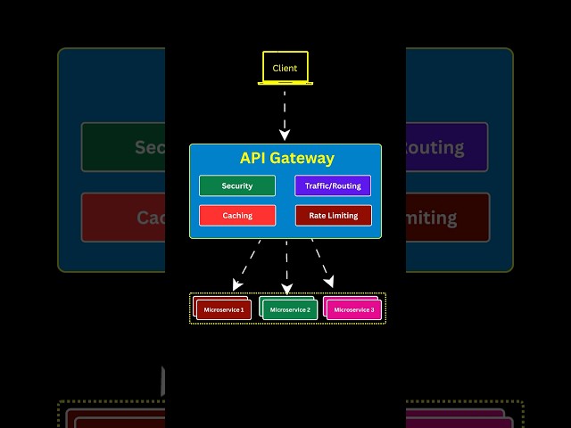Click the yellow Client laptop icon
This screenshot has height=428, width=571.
pos(285,69)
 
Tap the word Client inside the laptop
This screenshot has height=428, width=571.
pos(285,69)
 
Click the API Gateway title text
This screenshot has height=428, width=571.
pos(286,159)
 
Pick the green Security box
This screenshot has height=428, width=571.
pos(237,186)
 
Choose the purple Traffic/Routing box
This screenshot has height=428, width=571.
pos(333,186)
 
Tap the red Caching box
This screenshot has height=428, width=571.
pos(237,216)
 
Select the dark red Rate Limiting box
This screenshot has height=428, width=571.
pos(333,216)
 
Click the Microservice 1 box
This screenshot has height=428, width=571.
pos(224,309)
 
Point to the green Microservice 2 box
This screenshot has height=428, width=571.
pos(290,309)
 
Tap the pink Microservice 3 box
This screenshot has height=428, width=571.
pos(354,309)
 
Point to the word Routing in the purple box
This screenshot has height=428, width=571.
pos(344,186)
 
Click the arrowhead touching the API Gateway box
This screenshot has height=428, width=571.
pos(285,136)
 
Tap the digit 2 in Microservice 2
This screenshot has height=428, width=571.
pos(309,310)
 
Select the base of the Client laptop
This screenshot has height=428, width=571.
pos(285,84)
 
